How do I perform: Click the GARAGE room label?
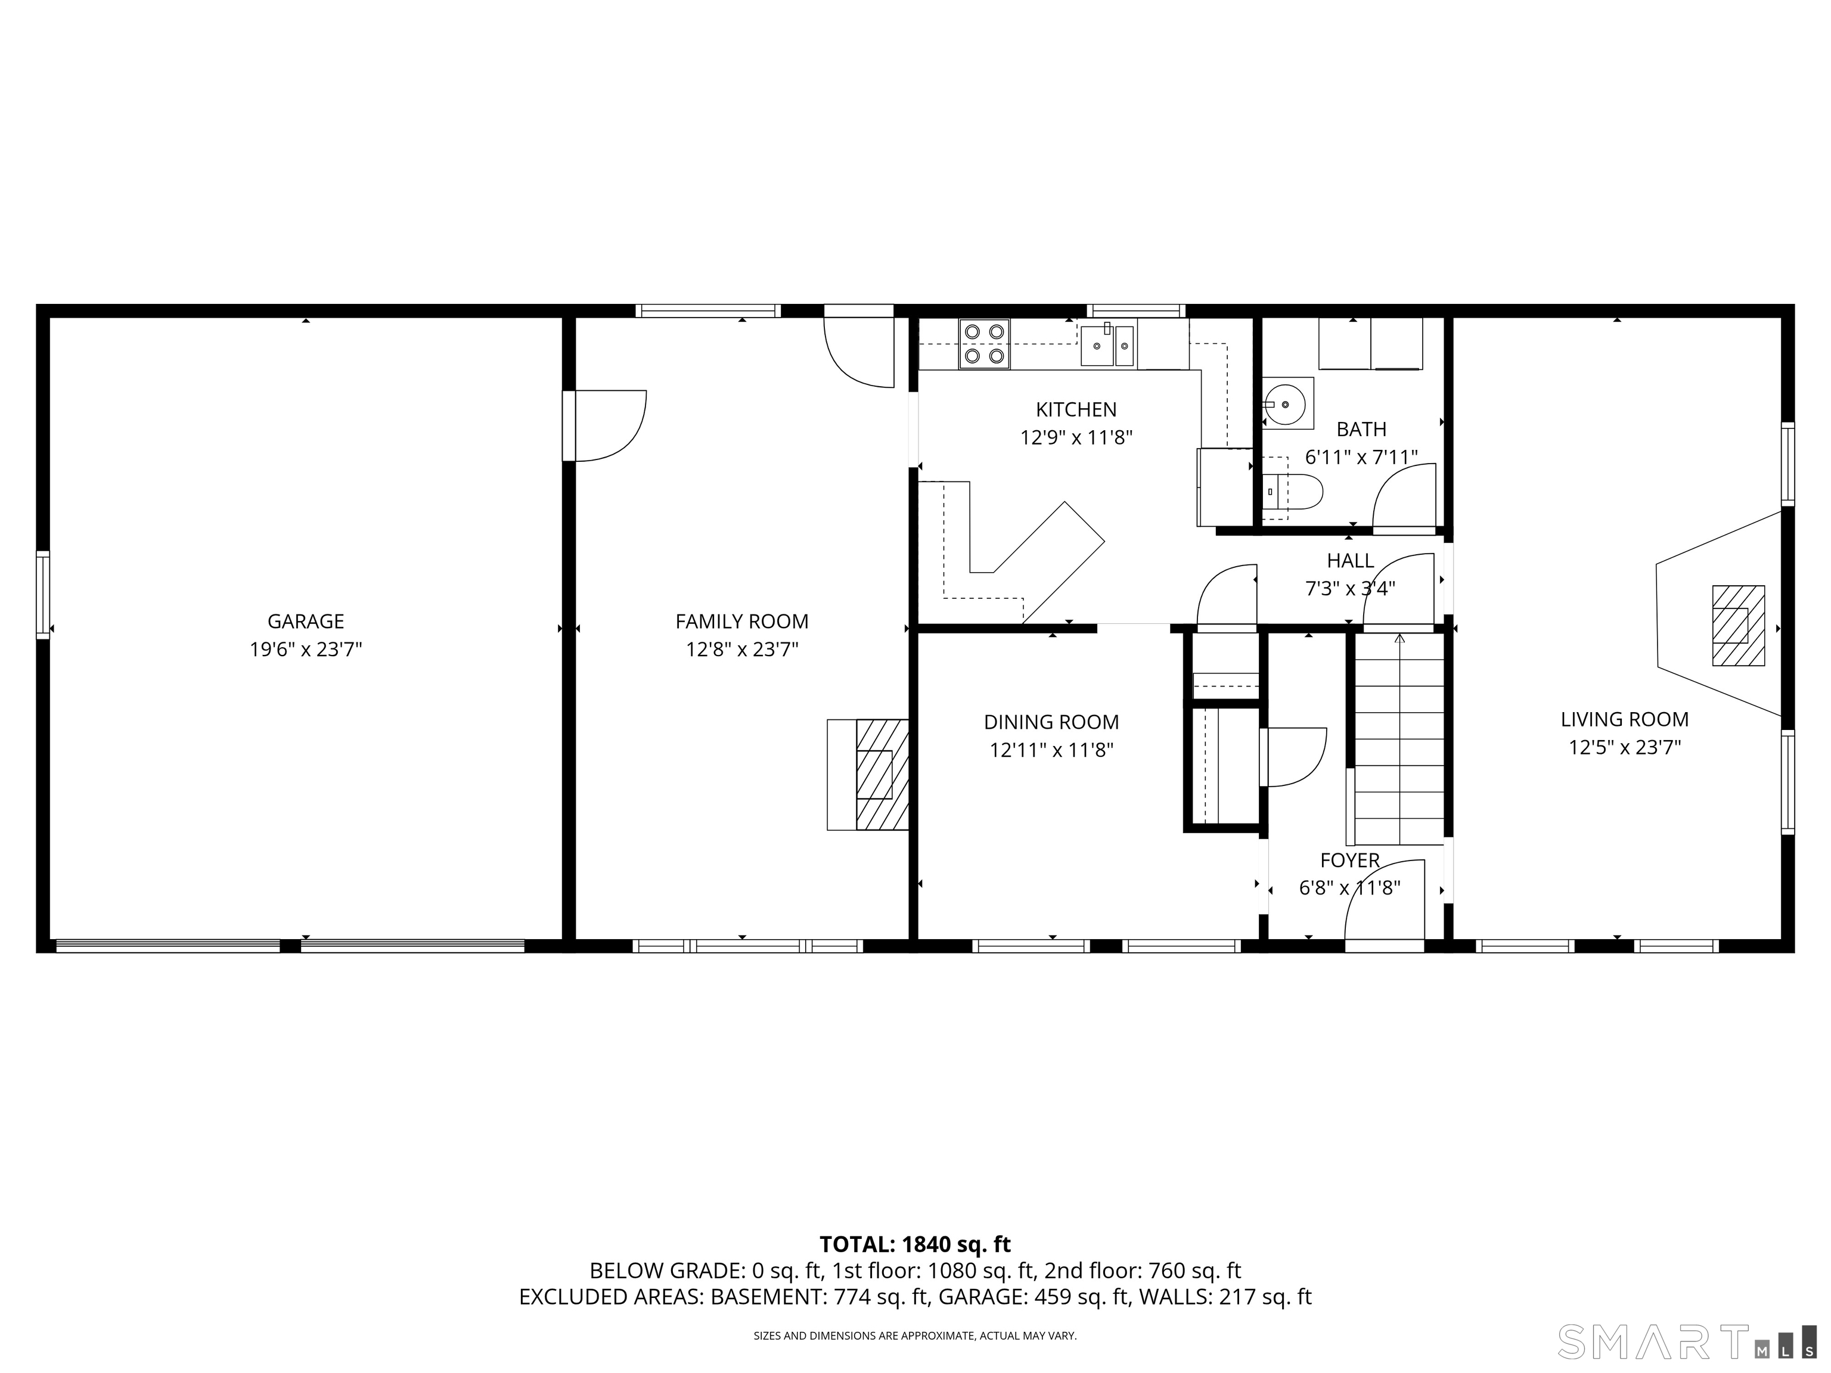click(305, 621)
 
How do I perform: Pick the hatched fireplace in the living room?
click(1737, 626)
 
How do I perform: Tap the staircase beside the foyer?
click(1399, 737)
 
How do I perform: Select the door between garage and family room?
click(609, 425)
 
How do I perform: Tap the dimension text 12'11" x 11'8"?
click(1051, 750)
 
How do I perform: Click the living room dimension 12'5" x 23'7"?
click(1625, 747)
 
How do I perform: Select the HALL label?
click(1350, 560)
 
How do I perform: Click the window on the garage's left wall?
click(43, 594)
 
